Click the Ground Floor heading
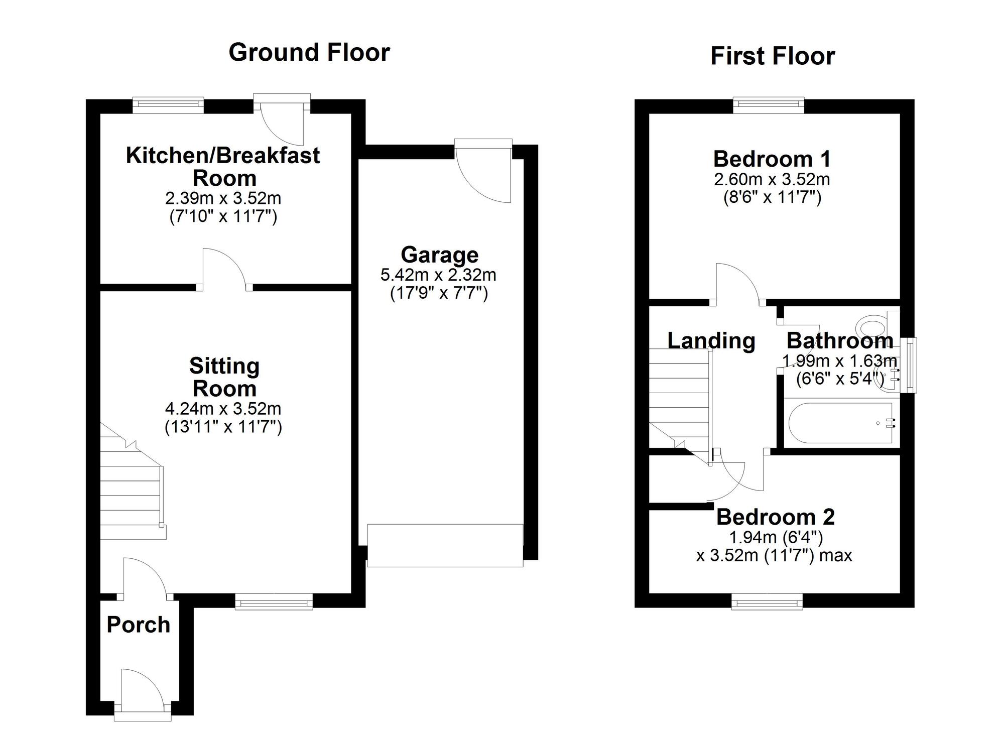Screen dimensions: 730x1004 click(309, 53)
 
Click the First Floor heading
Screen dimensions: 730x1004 click(772, 56)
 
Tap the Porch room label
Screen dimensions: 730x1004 click(139, 625)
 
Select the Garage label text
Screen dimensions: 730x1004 click(439, 255)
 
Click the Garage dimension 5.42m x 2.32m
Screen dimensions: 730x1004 click(438, 275)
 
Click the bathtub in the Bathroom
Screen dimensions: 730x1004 click(841, 423)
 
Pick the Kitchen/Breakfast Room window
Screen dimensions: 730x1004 click(168, 104)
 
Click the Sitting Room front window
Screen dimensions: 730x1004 click(274, 601)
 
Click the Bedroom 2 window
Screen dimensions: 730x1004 click(767, 601)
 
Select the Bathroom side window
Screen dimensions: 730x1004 click(909, 366)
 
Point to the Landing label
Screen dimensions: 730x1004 click(711, 341)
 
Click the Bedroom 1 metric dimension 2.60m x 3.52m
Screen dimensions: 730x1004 click(772, 179)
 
